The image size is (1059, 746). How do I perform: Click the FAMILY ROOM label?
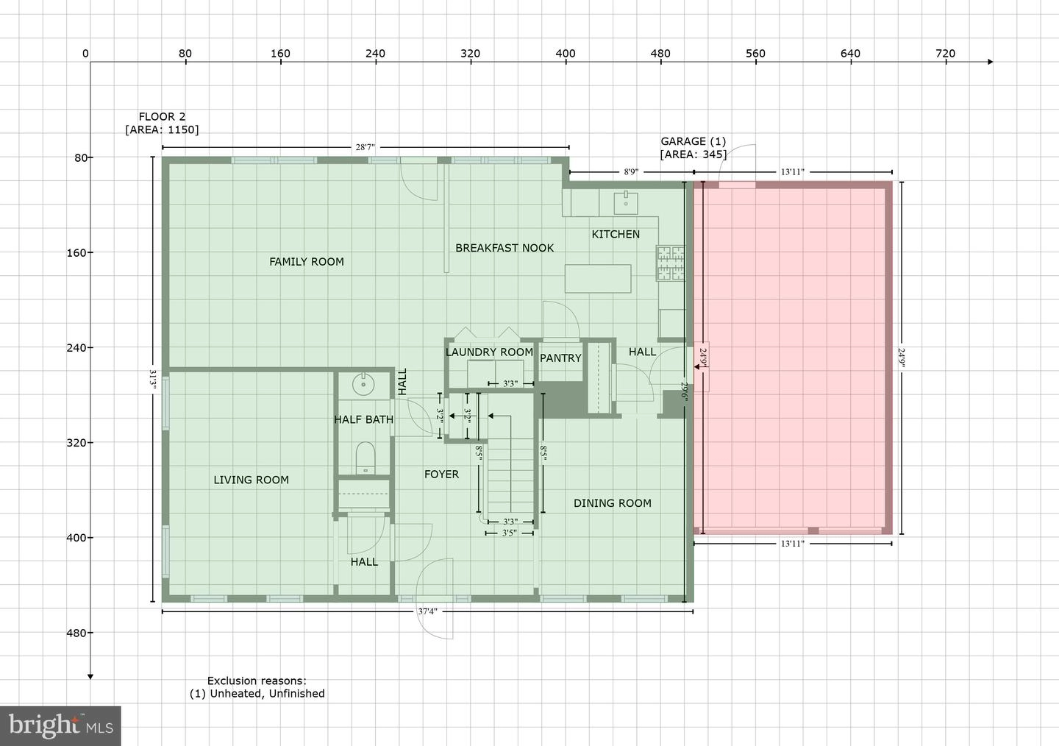[x=307, y=262]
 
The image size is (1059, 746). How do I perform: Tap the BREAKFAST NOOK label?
[x=504, y=248]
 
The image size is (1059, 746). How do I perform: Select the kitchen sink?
[x=626, y=203]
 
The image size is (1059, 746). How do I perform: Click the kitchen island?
[x=598, y=279]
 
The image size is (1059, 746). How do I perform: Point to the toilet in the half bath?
[x=365, y=458]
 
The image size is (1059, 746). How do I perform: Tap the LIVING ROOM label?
[x=251, y=480]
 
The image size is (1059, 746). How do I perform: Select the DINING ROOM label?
[x=612, y=503]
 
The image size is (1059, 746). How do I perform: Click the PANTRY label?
[x=560, y=358]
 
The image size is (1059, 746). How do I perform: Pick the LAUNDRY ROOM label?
[x=489, y=352]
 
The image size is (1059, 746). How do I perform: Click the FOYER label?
[x=441, y=474]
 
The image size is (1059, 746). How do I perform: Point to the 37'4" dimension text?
[x=427, y=611]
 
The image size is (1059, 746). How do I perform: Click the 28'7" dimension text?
[x=365, y=147]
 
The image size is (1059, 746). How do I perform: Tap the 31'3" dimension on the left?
[x=153, y=380]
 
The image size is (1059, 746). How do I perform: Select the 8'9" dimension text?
[x=631, y=171]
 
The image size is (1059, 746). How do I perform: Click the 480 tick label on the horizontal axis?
[x=660, y=54]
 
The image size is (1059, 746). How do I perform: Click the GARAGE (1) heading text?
[x=693, y=141]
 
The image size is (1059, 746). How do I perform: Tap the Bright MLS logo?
[x=60, y=725]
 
